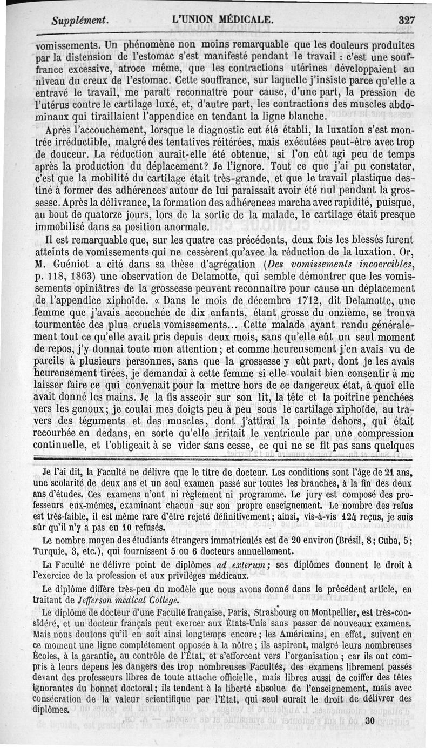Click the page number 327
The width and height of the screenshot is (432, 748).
pos(406,19)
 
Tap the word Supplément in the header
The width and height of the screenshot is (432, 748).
pos(80,20)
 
